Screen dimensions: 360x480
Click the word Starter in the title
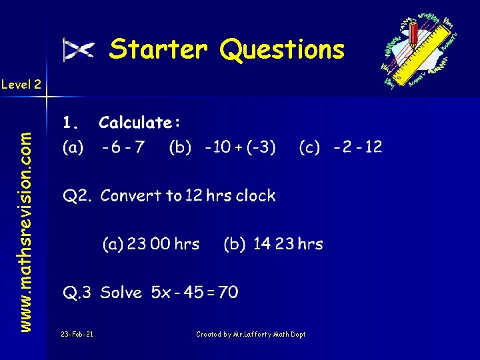[159, 49]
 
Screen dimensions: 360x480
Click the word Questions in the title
[282, 49]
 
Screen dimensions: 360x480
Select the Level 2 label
[21, 85]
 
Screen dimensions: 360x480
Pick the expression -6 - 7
[123, 147]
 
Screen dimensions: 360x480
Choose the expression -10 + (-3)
[241, 147]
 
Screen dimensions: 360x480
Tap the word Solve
[121, 293]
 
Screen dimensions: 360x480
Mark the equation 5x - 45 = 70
[195, 293]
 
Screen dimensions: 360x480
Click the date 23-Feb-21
[77, 335]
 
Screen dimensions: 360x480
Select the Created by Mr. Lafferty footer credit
[251, 335]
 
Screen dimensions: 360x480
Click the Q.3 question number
[77, 293]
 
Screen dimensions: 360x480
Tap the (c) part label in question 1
[309, 147]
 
